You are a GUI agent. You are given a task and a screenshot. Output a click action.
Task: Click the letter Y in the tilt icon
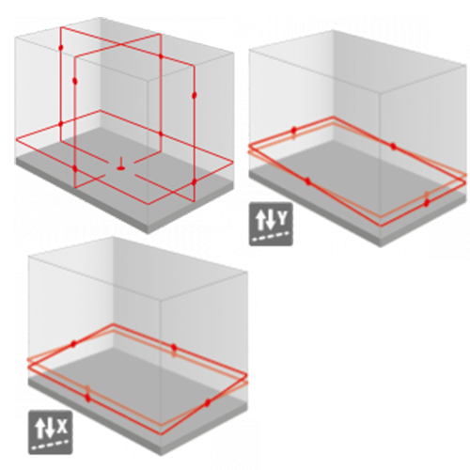tap(283, 218)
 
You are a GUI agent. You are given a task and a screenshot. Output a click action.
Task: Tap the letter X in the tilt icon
tap(63, 426)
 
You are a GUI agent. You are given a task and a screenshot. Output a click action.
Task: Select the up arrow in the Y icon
tap(260, 220)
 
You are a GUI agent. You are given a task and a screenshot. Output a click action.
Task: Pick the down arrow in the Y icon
tap(271, 220)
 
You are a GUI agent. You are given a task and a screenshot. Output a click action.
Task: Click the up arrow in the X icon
tap(40, 429)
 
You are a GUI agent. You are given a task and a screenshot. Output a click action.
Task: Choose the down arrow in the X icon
tap(50, 429)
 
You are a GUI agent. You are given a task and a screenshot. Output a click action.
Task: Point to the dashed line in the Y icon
tap(271, 236)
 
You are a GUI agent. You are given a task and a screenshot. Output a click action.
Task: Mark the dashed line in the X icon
tap(51, 445)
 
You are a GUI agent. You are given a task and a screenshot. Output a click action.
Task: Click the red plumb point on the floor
tap(121, 168)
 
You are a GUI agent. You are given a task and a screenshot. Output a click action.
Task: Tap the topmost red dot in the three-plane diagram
tap(61, 48)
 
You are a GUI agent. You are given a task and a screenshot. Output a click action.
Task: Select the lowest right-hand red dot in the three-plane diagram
tap(195, 181)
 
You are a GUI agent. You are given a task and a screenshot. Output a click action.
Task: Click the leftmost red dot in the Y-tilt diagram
tap(294, 130)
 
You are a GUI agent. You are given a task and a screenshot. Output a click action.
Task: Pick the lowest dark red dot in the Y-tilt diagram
tap(427, 203)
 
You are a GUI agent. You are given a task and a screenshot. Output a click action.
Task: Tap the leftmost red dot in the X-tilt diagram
tap(73, 344)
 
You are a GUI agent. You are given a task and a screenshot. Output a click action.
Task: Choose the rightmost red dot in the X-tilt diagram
tap(207, 403)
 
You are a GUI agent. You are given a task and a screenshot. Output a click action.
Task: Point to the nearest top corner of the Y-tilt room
tap(381, 93)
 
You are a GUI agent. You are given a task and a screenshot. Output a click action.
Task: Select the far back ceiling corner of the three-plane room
tap(101, 18)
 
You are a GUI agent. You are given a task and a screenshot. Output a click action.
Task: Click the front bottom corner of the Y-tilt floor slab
tap(381, 246)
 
